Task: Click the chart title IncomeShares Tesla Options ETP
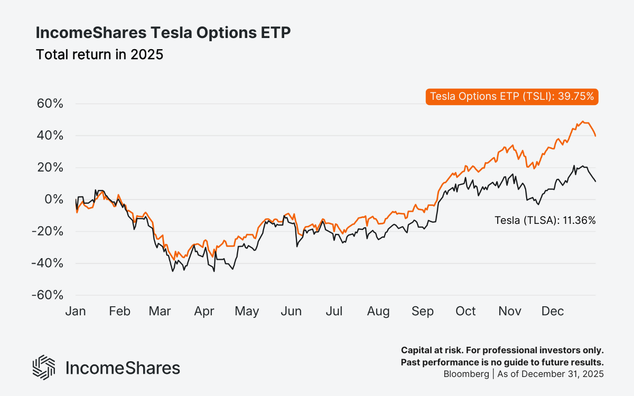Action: click(163, 33)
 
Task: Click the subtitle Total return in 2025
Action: click(99, 54)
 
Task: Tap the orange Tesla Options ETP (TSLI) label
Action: click(512, 96)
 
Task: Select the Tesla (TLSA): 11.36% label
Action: click(545, 221)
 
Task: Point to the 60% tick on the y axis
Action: click(50, 103)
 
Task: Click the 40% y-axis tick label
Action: click(50, 136)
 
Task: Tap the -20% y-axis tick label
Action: click(48, 231)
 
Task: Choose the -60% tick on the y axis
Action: click(48, 295)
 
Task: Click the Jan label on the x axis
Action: click(76, 312)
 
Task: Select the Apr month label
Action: click(204, 312)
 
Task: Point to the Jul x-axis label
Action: click(333, 312)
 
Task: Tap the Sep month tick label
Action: click(422, 312)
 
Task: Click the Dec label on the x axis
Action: click(553, 312)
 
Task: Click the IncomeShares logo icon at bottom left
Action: click(44, 367)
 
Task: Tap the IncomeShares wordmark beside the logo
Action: click(123, 368)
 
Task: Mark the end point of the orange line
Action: click(595, 136)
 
